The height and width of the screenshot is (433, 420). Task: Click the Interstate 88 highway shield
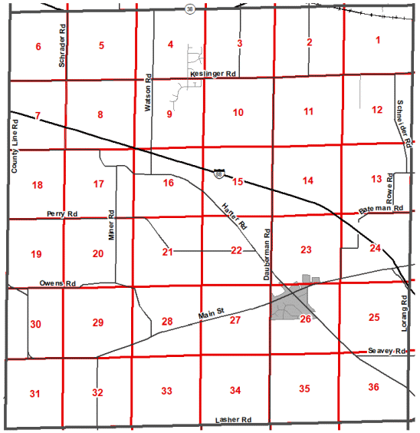[219, 174]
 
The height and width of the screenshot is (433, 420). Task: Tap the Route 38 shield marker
[189, 9]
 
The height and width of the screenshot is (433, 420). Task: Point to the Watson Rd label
[148, 98]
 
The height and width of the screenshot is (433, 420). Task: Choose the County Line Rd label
[15, 144]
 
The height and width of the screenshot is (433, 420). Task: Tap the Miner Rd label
[111, 224]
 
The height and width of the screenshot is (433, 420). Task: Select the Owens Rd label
[58, 283]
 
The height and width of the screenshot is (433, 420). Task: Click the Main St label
[210, 312]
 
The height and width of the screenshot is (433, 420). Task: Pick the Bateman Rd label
[381, 209]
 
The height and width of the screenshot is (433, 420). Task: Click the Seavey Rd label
[386, 350]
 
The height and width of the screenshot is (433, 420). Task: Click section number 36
[373, 386]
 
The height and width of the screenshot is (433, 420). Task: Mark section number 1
[377, 39]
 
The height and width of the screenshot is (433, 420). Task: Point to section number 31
[34, 394]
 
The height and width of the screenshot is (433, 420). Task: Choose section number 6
[38, 47]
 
